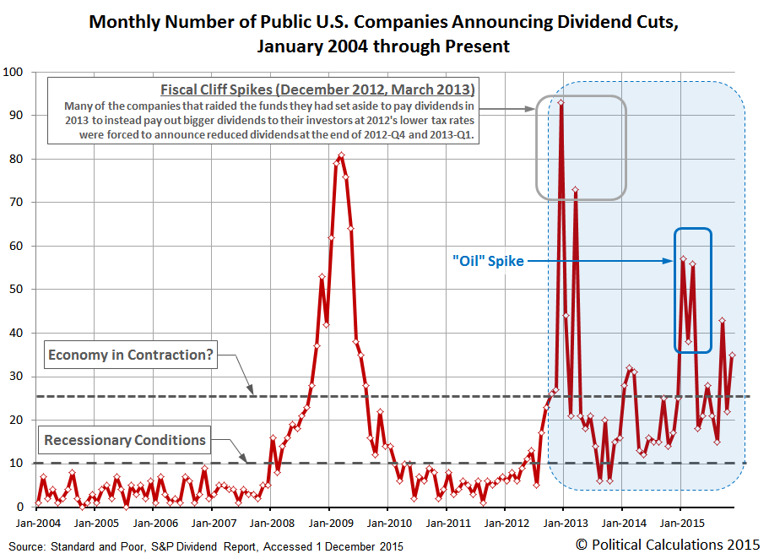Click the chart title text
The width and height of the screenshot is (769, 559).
tap(383, 33)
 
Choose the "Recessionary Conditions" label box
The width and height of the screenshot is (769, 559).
tap(125, 440)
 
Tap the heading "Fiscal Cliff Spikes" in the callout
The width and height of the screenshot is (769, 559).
tap(317, 90)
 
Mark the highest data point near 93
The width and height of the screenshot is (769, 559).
tap(561, 102)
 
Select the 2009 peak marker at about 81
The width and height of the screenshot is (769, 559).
tap(341, 155)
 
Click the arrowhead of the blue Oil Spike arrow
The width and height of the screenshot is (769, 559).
tap(670, 262)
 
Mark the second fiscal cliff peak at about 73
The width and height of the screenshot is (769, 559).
tap(576, 190)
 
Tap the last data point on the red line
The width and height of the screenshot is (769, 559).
tap(733, 355)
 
